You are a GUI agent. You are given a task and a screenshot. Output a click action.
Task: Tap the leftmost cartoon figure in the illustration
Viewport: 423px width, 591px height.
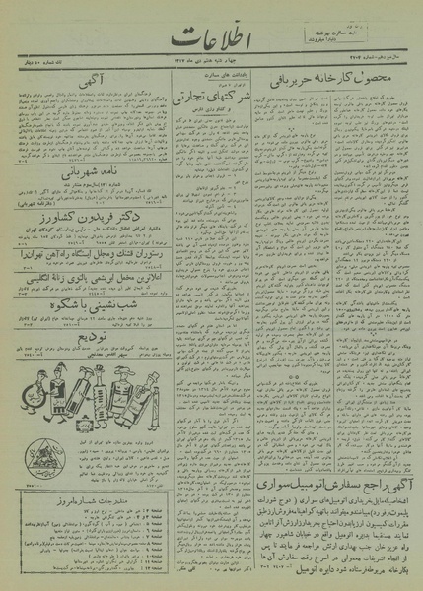click(27, 389)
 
